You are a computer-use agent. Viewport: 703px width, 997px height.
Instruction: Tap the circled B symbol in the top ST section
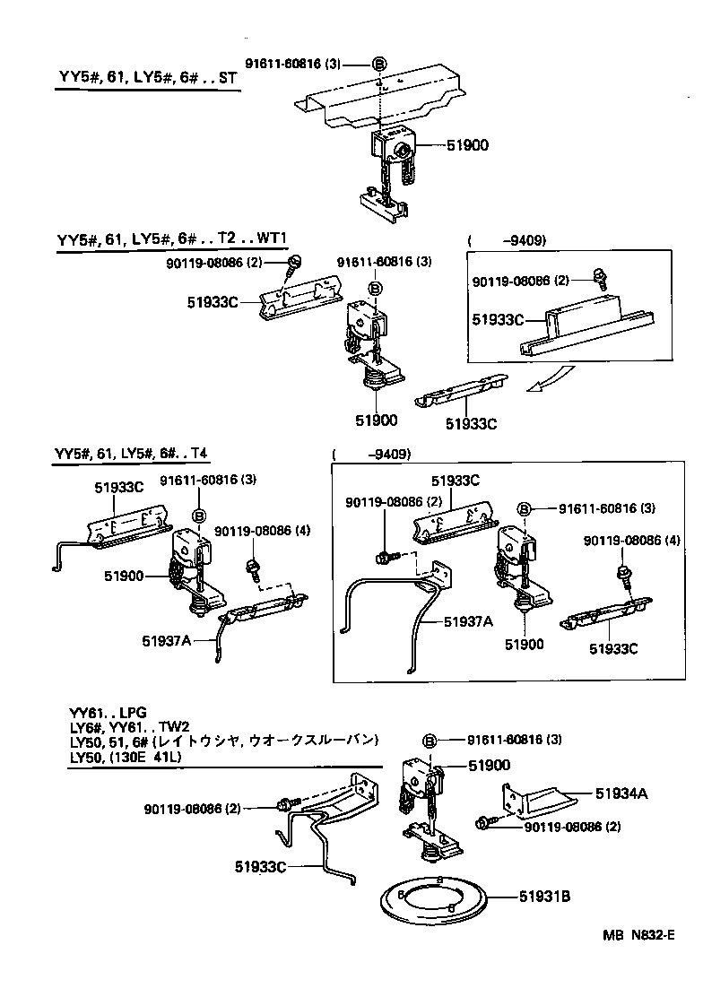[x=378, y=64]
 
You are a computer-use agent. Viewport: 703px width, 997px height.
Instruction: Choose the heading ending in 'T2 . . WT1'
[x=176, y=240]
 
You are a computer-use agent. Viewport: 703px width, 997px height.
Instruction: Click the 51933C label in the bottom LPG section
[x=260, y=866]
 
